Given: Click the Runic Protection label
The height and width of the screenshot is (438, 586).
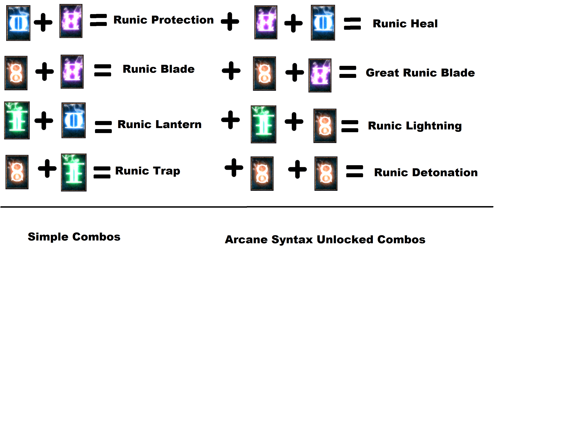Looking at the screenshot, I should [164, 20].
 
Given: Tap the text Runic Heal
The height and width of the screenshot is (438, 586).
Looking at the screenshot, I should [405, 24].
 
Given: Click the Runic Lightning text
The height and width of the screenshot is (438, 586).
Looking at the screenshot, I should [415, 126].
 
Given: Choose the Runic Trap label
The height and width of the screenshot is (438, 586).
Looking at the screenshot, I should [148, 171].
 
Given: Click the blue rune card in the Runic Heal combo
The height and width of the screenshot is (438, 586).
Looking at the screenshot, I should [323, 23].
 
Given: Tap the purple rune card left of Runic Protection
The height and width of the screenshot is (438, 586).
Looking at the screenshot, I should [71, 21].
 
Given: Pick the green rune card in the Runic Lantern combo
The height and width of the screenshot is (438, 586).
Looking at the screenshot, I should [17, 120].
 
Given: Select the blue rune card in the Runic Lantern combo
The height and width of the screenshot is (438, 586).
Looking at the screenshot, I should [73, 120].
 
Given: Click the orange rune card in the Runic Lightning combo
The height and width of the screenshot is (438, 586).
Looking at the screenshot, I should [325, 126].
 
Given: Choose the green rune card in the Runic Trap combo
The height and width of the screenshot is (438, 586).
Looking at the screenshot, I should [74, 172].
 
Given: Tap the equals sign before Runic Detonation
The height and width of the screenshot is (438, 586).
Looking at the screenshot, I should [354, 171].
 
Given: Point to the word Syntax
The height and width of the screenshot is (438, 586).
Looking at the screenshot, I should [292, 240].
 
